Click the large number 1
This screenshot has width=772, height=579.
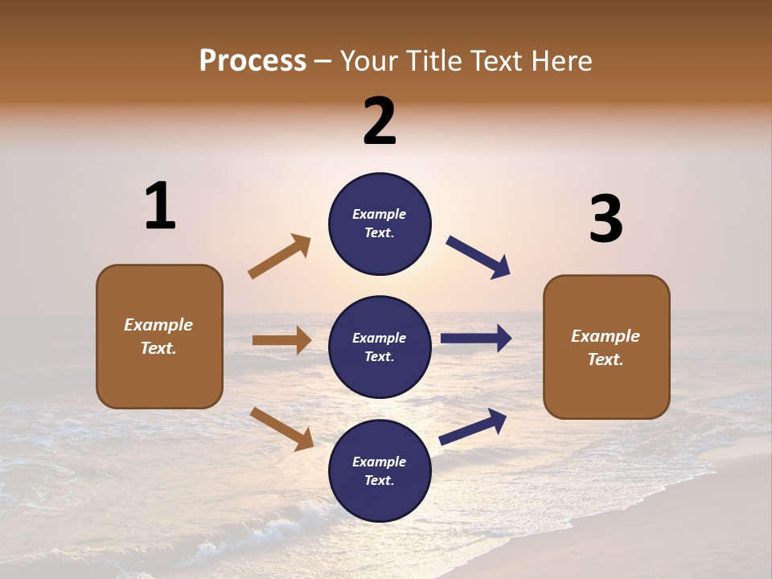point(160,207)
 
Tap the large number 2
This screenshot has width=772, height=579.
point(380,121)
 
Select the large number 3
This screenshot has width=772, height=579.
point(606,220)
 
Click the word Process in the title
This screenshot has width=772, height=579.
point(253,60)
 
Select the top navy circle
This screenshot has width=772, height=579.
point(380,224)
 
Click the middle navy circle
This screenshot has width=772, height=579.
point(380,347)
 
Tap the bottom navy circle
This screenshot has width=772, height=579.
point(380,470)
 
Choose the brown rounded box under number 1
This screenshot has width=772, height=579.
point(159,336)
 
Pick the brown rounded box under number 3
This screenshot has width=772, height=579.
point(606,347)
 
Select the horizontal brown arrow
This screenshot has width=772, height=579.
point(281,340)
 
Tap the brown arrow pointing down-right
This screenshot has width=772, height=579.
point(281,429)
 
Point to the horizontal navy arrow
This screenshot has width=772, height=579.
point(476,339)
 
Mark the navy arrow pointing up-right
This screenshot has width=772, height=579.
point(473,427)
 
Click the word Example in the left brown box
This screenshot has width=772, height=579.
point(158,325)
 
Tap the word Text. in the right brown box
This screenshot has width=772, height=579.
point(606,359)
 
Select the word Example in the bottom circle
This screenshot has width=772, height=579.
point(379,462)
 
